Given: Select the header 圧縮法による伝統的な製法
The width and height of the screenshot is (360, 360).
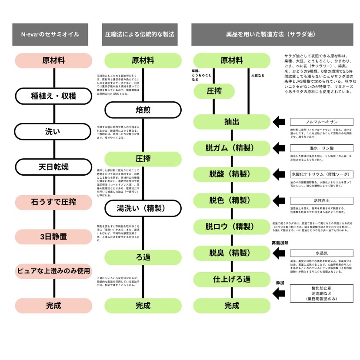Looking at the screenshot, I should (140, 34).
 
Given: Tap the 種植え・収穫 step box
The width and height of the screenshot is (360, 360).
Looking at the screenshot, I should (53, 96).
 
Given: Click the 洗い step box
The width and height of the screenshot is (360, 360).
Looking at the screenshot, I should (53, 131).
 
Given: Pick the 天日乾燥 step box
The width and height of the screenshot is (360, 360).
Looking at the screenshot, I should (53, 167).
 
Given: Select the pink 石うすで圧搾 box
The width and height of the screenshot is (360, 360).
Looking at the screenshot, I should (53, 202).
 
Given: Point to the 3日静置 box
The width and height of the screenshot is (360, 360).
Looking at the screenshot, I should (53, 237).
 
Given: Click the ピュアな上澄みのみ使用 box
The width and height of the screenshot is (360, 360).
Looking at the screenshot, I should (53, 271).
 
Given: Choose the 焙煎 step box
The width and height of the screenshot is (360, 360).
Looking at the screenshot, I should (143, 110).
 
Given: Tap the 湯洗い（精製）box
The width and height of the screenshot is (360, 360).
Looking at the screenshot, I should (143, 208).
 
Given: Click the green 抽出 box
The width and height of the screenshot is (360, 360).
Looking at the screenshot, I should (232, 122).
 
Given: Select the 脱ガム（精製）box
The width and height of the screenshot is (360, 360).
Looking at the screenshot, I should (232, 148).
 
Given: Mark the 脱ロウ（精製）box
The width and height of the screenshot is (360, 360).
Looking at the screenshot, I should (232, 227).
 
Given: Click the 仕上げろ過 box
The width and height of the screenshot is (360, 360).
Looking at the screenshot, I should (232, 279).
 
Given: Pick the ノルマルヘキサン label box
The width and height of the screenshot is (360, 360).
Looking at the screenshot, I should (322, 122).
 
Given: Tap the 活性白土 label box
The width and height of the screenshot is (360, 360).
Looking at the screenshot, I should (322, 200).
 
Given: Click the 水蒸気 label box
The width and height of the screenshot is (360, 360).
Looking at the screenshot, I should (322, 253).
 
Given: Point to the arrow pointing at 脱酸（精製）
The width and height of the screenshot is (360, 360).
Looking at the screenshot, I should (280, 174).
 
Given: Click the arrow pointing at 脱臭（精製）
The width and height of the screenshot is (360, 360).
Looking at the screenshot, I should (280, 253).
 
